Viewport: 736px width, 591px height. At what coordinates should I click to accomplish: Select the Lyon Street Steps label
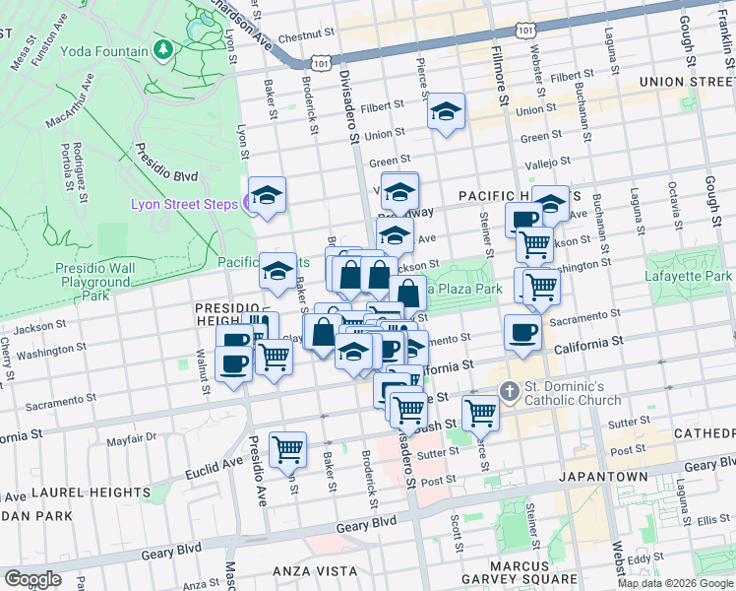184,203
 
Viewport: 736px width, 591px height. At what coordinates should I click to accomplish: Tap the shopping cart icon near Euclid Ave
288,449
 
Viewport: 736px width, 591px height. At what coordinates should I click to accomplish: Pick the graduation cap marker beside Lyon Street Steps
267,196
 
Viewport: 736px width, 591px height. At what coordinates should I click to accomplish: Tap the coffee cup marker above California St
522,332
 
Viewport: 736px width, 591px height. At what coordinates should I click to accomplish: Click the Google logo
33,579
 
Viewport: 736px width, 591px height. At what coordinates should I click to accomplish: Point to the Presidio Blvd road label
164,167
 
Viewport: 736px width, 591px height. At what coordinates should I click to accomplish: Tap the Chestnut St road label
300,38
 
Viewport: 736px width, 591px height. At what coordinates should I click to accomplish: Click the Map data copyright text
675,583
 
